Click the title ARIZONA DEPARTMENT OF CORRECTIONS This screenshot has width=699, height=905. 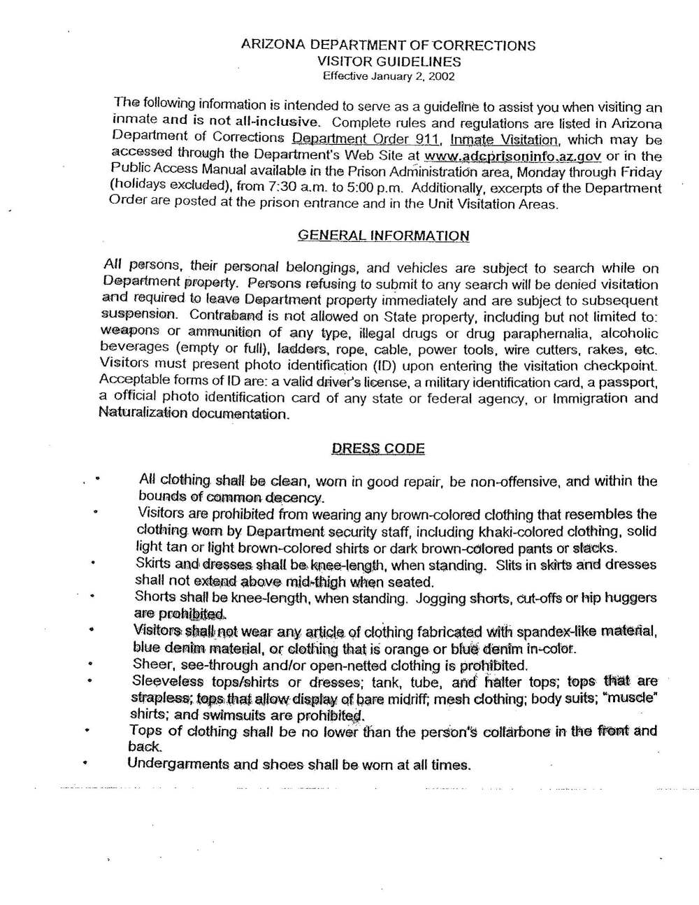388,45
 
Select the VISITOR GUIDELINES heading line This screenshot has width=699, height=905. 389,62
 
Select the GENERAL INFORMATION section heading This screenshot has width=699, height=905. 384,235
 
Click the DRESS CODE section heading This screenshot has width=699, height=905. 378,448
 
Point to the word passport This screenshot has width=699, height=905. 633,383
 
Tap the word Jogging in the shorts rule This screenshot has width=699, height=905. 441,599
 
